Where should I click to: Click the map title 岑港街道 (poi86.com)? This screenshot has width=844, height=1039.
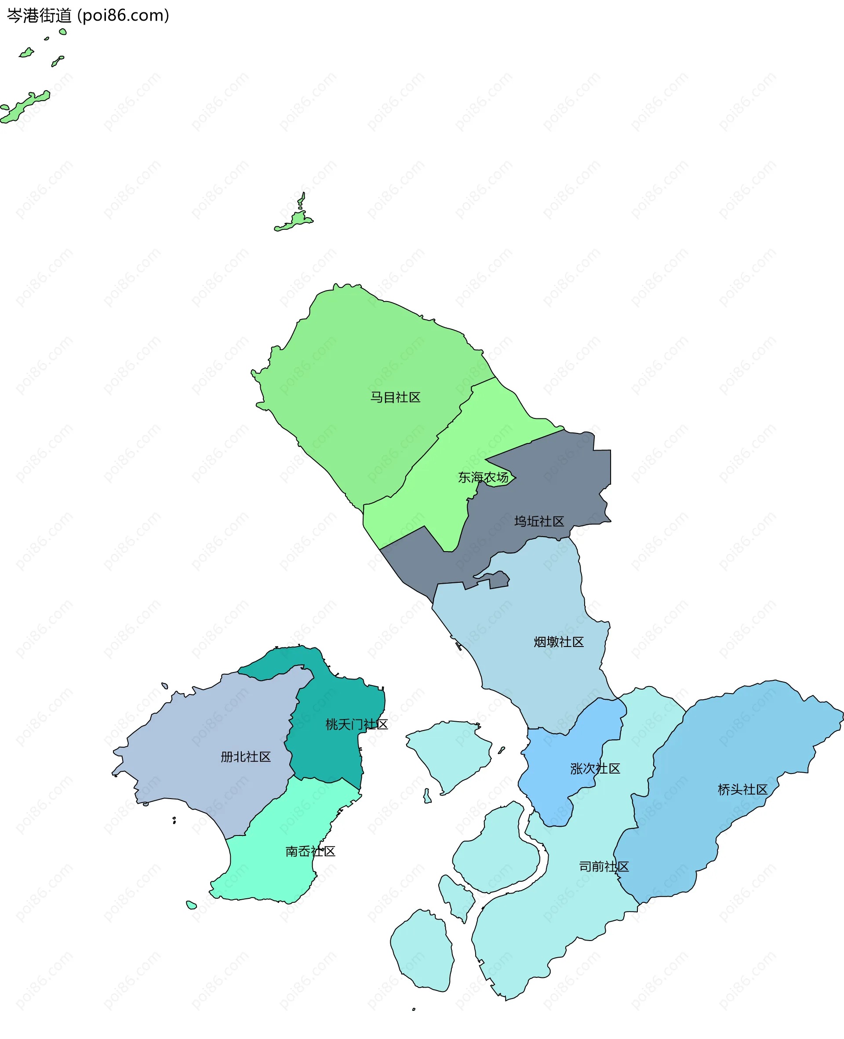click(x=88, y=15)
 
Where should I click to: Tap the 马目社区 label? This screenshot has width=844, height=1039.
click(x=395, y=397)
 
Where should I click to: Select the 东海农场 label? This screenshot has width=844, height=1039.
click(x=483, y=477)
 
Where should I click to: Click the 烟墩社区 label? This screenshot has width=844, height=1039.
click(x=559, y=642)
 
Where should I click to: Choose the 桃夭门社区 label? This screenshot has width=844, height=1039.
click(x=357, y=725)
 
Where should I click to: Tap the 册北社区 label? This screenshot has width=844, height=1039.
click(x=246, y=757)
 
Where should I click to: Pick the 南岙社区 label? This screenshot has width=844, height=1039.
click(x=310, y=851)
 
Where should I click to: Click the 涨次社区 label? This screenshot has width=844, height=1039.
click(x=595, y=768)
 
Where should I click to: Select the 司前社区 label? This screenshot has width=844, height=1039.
click(x=604, y=866)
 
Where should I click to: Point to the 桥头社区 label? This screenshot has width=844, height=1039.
click(x=742, y=790)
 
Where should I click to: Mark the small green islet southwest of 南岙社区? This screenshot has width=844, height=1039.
click(x=192, y=905)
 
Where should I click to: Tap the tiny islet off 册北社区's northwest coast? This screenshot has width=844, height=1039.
click(x=165, y=686)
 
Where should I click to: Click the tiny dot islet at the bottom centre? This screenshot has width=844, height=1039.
click(x=414, y=1010)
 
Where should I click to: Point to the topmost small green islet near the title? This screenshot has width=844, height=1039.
click(x=63, y=32)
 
